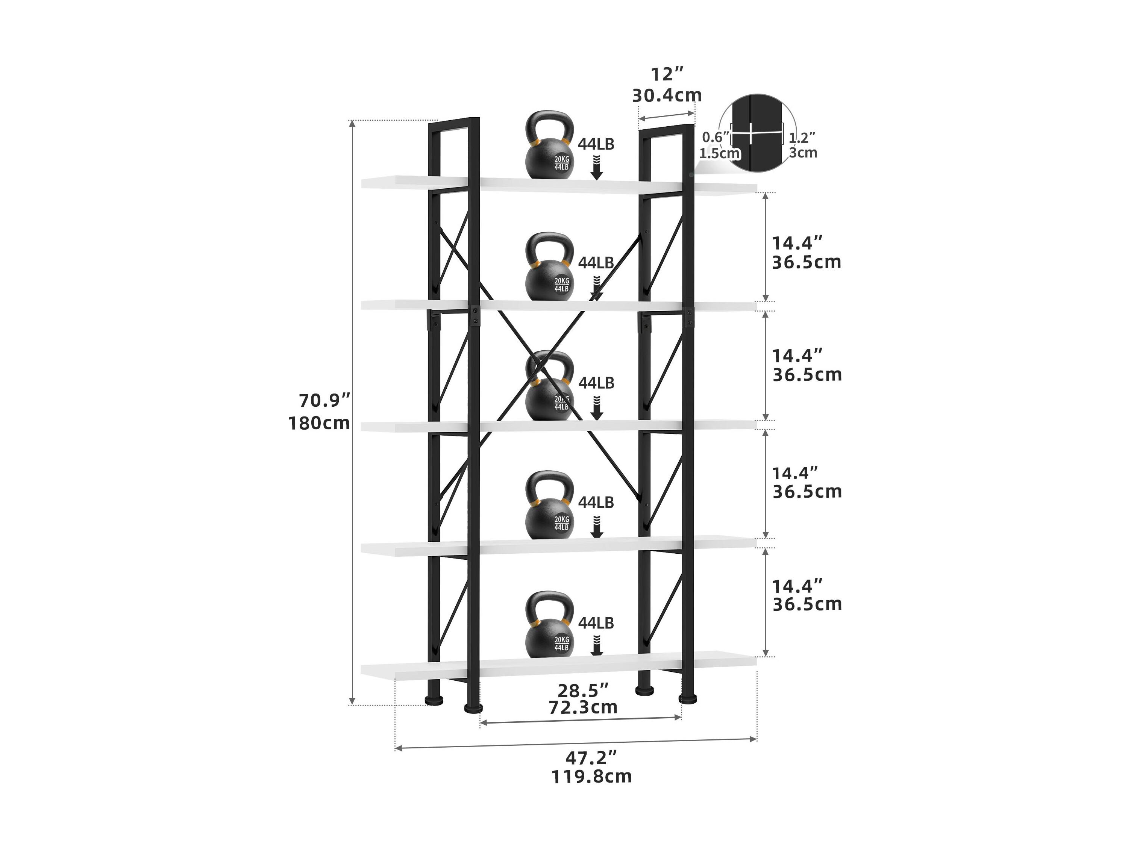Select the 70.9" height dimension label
click(325, 401)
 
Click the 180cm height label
click(319, 423)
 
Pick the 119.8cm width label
click(591, 777)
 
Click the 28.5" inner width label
click(583, 691)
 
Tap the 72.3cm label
click(583, 707)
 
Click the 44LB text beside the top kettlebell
click(596, 144)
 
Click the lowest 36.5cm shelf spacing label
click(807, 604)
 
